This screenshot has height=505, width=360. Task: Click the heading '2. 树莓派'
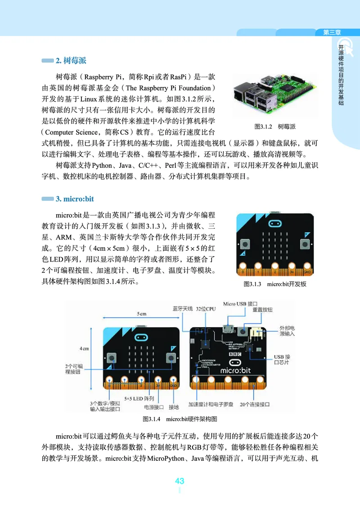[x=70, y=60]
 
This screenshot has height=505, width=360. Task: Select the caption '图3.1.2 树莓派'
[x=274, y=126]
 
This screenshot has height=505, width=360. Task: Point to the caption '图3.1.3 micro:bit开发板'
[x=274, y=284]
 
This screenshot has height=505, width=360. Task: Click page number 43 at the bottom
[x=180, y=481]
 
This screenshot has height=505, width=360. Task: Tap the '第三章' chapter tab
[x=332, y=32]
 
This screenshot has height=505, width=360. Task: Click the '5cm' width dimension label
[x=141, y=313]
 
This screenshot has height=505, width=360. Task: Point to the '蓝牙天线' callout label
[x=182, y=309]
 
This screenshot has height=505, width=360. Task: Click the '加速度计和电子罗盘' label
[x=211, y=405]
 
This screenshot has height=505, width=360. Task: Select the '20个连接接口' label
[x=255, y=405]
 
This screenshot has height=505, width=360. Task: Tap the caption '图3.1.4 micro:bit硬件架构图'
[x=180, y=419]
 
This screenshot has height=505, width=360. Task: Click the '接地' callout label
[x=174, y=407]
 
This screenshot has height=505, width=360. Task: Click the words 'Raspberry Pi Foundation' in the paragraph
[x=169, y=87]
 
